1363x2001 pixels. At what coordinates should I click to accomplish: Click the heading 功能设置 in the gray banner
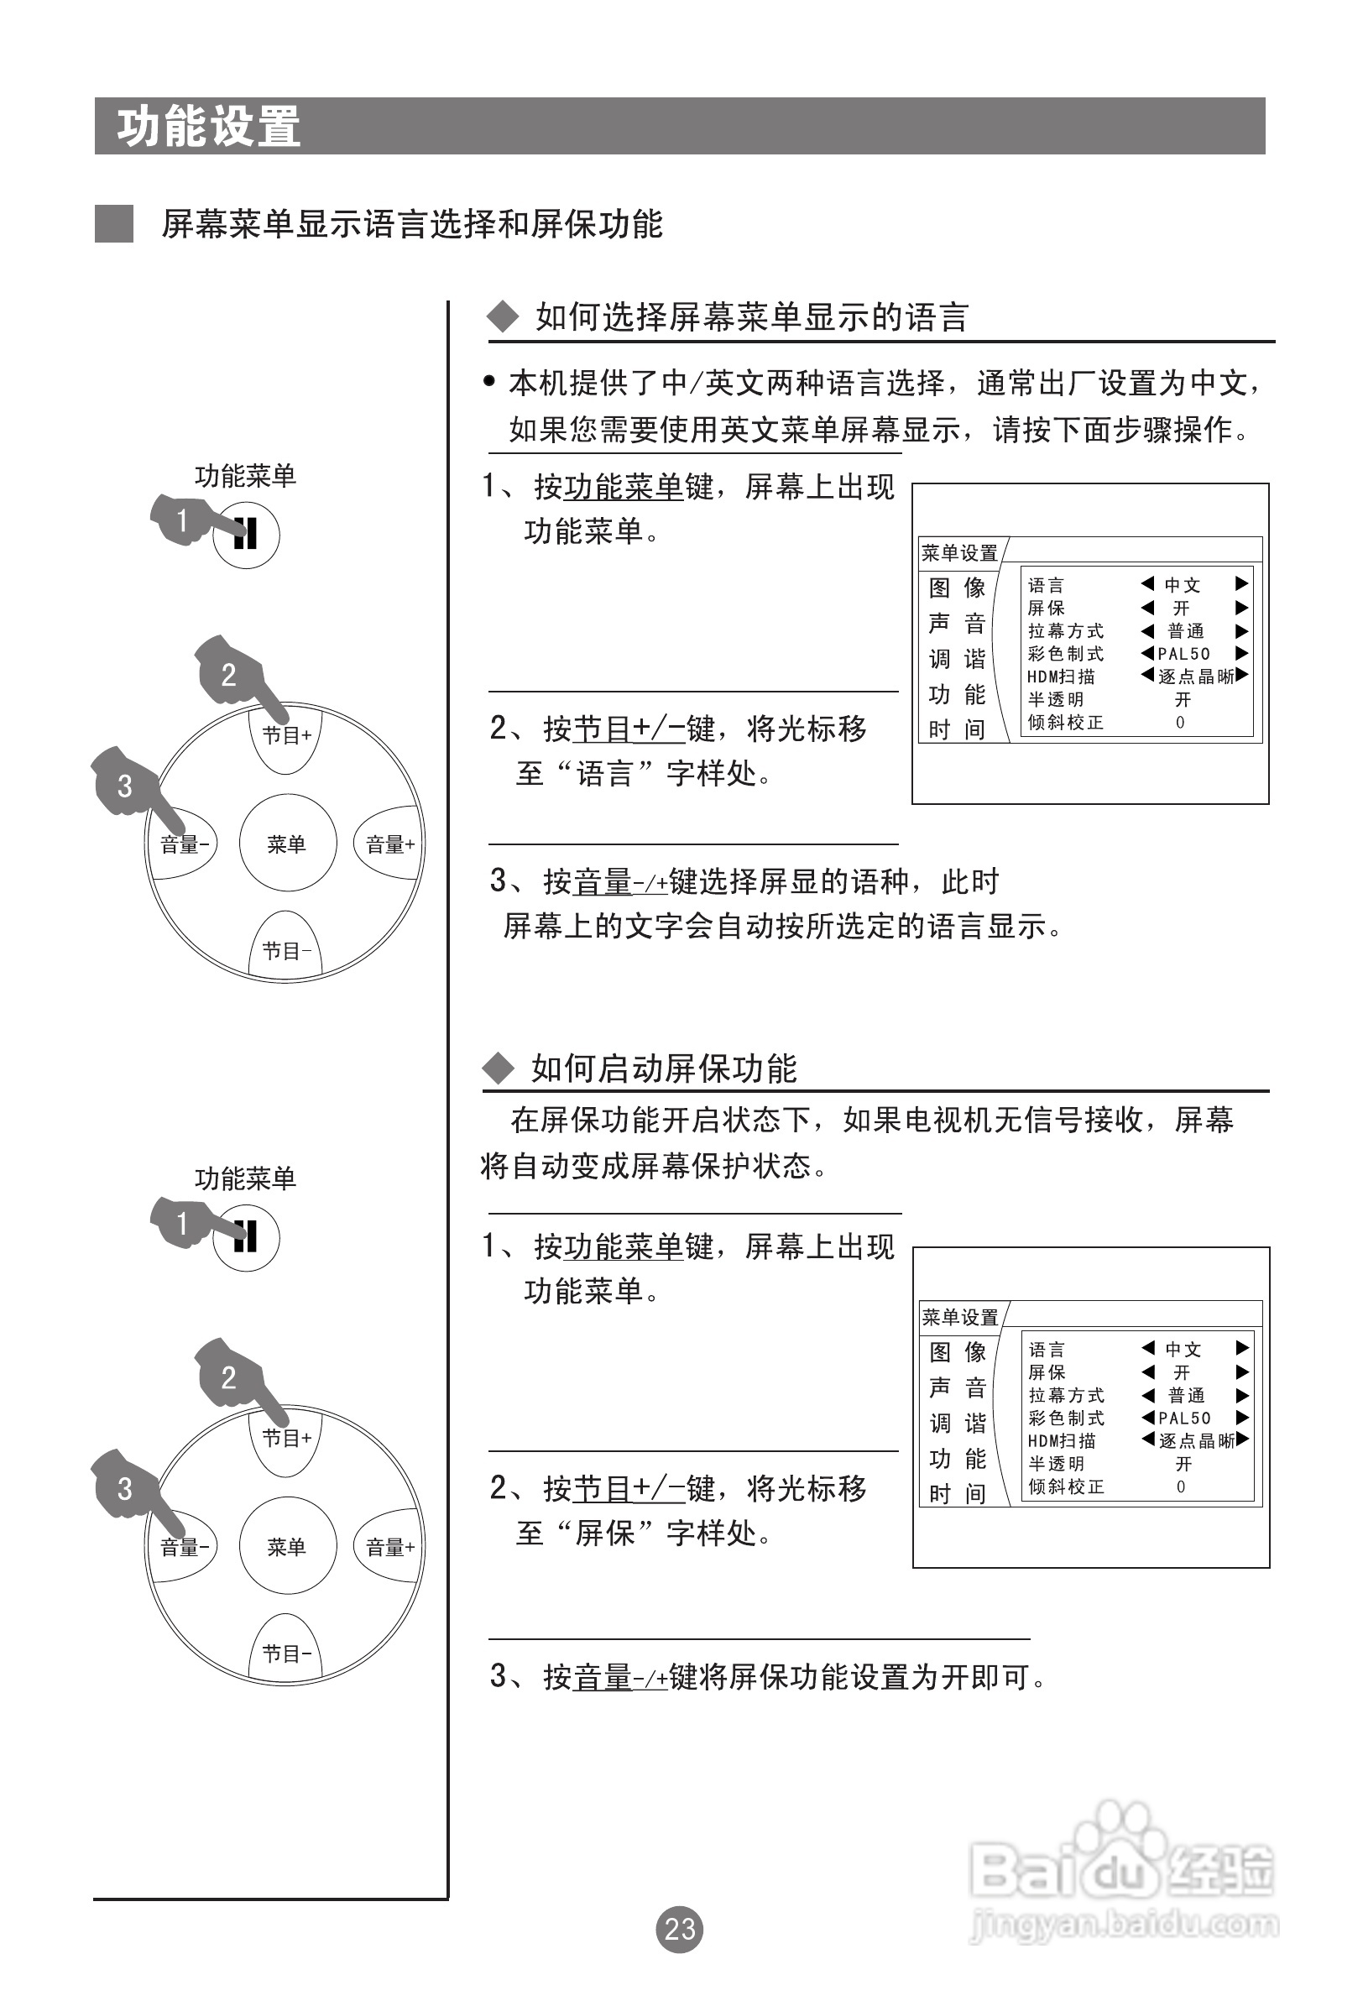tap(209, 127)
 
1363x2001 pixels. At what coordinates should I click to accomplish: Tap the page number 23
tap(679, 1929)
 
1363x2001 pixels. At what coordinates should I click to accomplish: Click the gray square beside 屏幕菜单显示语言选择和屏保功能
tap(113, 224)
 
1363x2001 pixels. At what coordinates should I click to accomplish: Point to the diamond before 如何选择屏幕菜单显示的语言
tap(503, 317)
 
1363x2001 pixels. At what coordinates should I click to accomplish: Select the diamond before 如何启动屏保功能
tap(498, 1068)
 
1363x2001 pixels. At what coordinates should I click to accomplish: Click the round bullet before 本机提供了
tap(489, 380)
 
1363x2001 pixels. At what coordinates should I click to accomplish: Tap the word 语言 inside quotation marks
tap(605, 773)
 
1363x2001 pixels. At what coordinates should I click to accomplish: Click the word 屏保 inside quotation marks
tap(605, 1533)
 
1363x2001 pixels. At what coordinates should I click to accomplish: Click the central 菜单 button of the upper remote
tap(287, 844)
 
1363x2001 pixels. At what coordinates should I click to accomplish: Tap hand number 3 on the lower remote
tap(125, 1489)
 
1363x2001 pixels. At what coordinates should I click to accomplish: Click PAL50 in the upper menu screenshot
tap(1184, 655)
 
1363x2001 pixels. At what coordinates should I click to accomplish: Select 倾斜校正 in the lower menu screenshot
tap(1066, 1487)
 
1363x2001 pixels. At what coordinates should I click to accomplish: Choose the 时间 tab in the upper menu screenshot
tap(957, 729)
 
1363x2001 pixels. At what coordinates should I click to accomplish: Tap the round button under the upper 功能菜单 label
tap(246, 535)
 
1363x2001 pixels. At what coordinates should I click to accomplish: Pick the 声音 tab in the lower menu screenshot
tap(958, 1388)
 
